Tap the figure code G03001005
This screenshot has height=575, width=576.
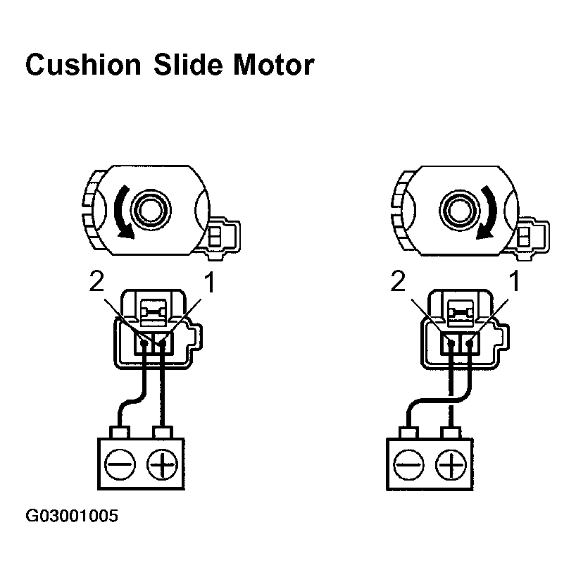click(72, 517)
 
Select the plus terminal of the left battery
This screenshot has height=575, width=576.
click(163, 464)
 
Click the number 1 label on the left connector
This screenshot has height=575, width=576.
click(208, 283)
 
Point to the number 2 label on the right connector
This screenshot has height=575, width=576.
click(398, 283)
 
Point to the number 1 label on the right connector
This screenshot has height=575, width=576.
click(515, 283)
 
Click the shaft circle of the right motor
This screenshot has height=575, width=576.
click(457, 209)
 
